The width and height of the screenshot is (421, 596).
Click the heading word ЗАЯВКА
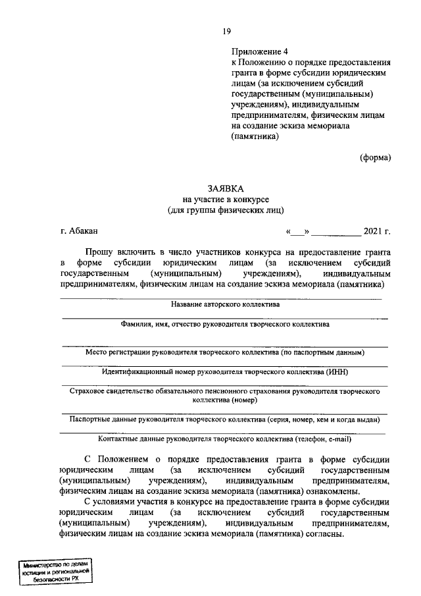click(225, 188)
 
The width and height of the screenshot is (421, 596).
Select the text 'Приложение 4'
click(259, 51)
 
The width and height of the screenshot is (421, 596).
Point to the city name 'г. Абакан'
click(78, 230)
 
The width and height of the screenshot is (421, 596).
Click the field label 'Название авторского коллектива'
click(225, 305)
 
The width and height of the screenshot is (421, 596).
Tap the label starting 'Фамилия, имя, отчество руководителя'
click(225, 324)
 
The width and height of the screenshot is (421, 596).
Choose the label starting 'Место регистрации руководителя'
click(225, 352)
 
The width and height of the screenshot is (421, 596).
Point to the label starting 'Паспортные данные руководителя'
click(225, 419)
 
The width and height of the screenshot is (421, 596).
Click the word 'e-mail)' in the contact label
click(337, 439)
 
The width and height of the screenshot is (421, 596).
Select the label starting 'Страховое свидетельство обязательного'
click(225, 391)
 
